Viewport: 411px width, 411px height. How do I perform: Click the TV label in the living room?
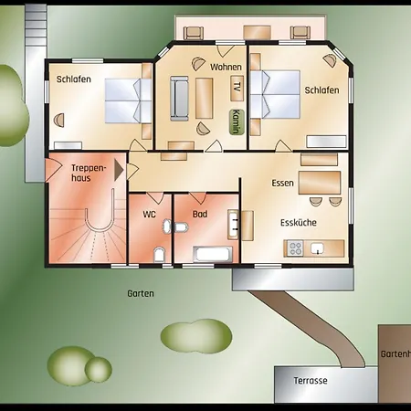pos(237,87)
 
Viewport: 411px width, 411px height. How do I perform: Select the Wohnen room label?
pos(226,67)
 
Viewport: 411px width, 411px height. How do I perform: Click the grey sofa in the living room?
pos(179,99)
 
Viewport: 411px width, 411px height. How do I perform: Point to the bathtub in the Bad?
pos(212,254)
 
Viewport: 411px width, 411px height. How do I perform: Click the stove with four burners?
pos(295,248)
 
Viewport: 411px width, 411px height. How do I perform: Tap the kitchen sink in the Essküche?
pos(317,248)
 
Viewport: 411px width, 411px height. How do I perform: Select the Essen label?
pos(282,184)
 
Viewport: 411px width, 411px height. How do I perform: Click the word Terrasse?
pos(311,381)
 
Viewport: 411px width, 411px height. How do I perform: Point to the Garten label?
pos(141,294)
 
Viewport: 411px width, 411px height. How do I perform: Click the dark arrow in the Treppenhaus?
pos(119,170)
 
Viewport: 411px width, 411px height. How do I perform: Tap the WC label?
pos(149,215)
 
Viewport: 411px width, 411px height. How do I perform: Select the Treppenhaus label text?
pos(89,173)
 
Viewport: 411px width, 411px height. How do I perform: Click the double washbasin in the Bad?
pos(233,224)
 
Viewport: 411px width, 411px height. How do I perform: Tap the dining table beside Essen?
pos(320,183)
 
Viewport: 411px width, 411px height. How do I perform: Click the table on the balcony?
pos(258,32)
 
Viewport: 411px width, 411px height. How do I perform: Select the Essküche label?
pos(299,223)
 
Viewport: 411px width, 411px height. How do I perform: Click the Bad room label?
pos(200,215)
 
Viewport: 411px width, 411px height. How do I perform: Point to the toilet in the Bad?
pos(181,227)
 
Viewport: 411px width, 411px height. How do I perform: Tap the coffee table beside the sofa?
pos(204,98)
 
